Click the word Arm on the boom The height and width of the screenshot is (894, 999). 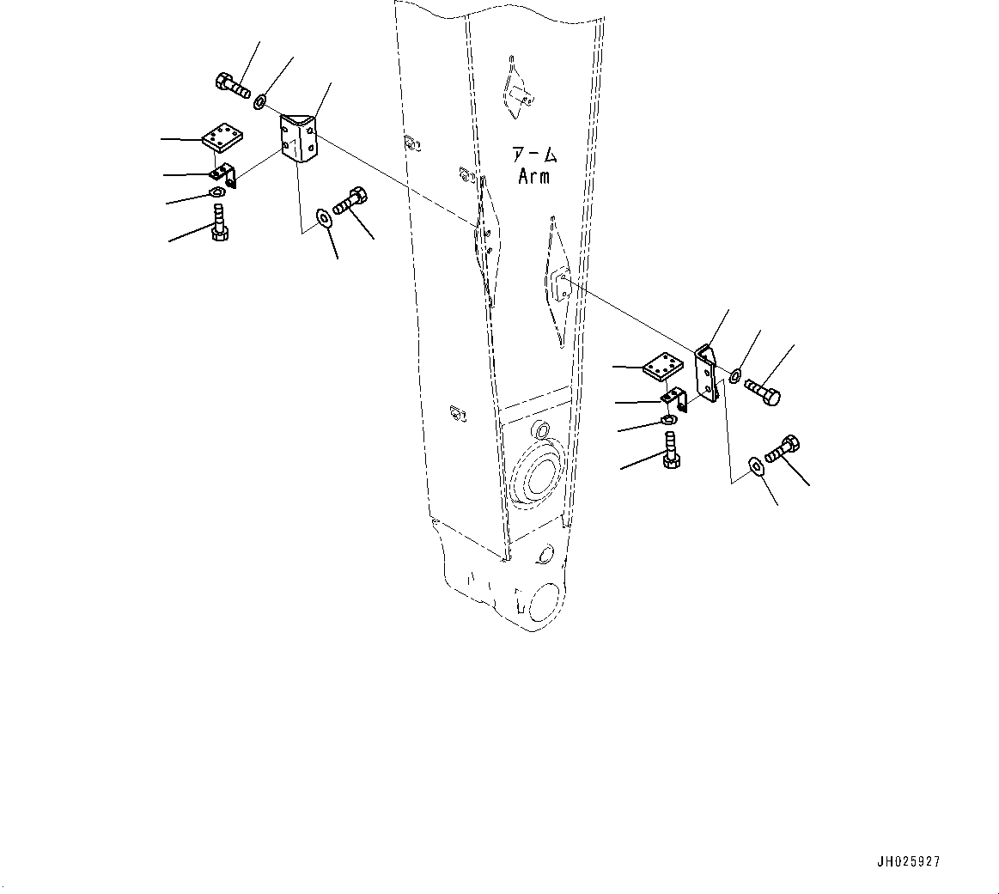click(533, 177)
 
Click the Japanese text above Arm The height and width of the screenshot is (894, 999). click(534, 156)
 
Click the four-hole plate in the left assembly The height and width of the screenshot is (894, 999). click(223, 135)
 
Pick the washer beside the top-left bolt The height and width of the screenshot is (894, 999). click(259, 103)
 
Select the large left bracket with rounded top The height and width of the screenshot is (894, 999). click(301, 140)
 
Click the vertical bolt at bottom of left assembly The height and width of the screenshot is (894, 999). click(219, 221)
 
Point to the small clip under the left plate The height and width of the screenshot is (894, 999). click(225, 173)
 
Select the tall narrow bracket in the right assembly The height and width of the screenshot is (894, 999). click(708, 374)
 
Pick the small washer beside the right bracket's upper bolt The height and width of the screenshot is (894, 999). click(735, 376)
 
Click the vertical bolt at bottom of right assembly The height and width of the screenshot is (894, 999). click(672, 453)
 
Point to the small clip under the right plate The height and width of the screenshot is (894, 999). click(675, 398)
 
